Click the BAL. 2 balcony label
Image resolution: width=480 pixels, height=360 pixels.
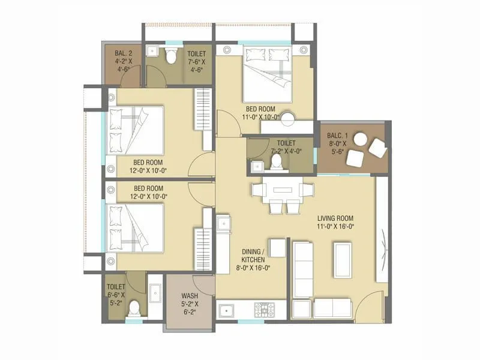127,60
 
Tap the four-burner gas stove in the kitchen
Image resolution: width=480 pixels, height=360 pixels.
264,310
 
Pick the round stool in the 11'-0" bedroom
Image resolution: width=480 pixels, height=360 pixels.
290,118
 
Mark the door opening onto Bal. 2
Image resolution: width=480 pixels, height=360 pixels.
133,76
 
